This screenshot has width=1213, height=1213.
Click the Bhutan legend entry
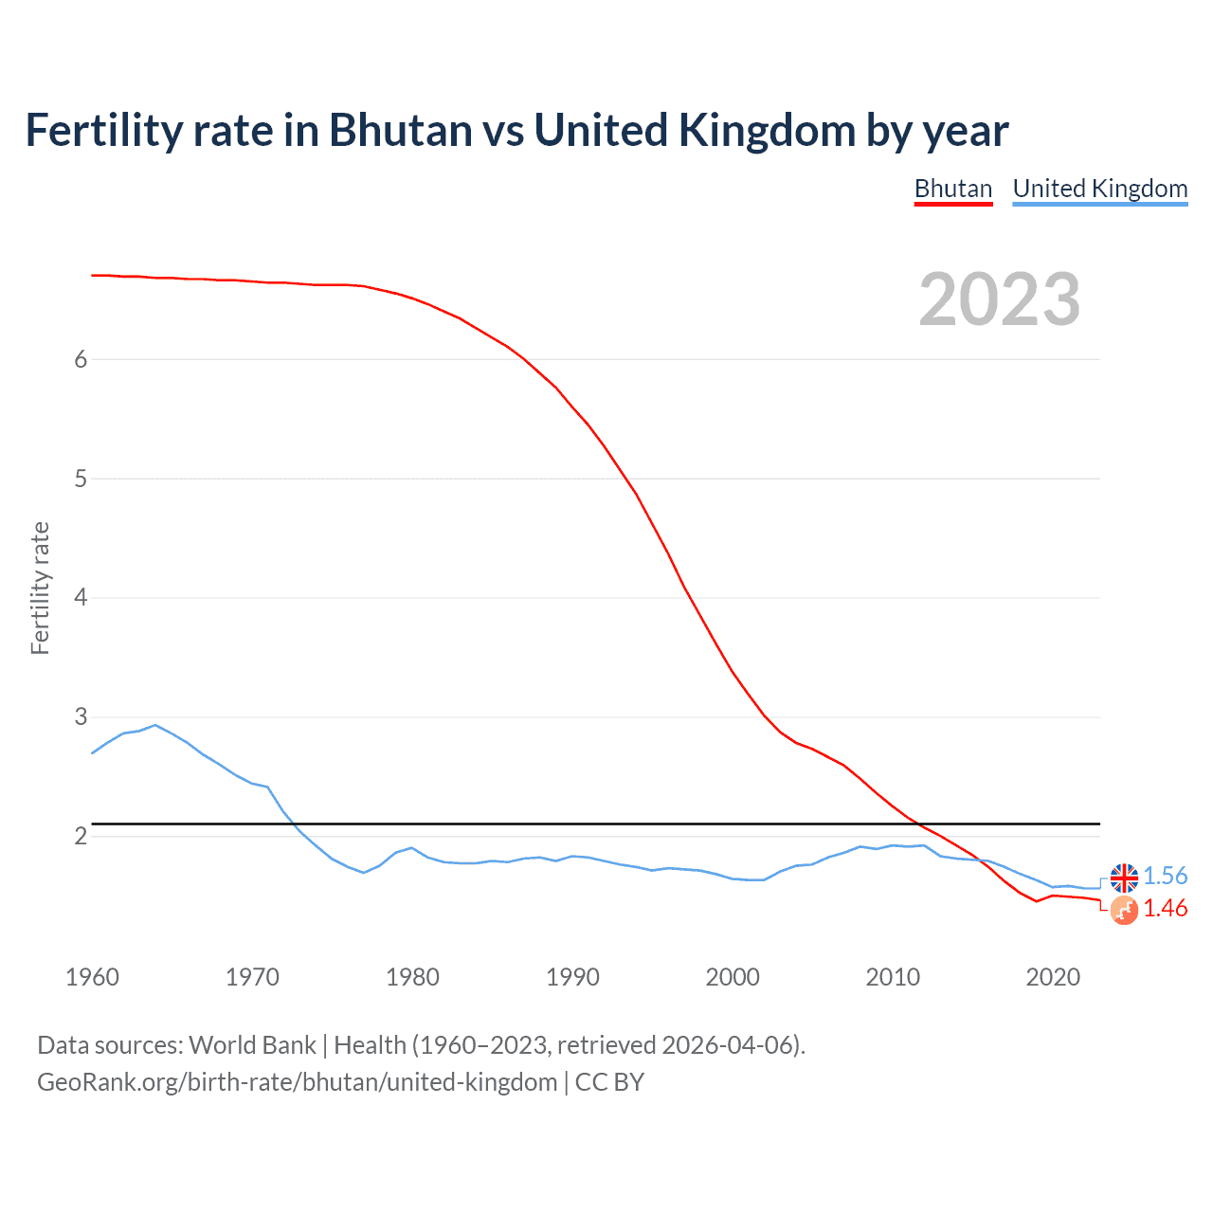[x=952, y=189]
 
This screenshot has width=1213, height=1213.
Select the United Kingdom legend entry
[x=1099, y=189]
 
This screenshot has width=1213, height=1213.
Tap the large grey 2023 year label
[x=999, y=299]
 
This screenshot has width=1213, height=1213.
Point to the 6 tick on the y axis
[x=81, y=359]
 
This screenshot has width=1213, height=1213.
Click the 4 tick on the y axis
[x=81, y=597]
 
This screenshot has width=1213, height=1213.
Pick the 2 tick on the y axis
[x=81, y=836]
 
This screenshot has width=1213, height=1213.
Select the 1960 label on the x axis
[x=92, y=977]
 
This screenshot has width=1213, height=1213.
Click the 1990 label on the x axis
[x=572, y=977]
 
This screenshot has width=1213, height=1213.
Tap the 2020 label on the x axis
[x=1053, y=977]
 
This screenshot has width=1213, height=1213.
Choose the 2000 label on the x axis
[x=733, y=977]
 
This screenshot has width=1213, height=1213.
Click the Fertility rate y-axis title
[x=40, y=588]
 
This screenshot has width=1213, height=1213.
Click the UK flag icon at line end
[x=1124, y=878]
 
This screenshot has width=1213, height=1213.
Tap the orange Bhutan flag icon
[x=1124, y=911]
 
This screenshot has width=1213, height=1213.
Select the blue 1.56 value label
[x=1165, y=876]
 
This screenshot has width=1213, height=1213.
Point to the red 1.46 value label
[x=1165, y=908]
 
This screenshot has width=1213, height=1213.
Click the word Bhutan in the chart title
[x=400, y=130]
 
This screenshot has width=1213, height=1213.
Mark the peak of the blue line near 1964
[x=155, y=725]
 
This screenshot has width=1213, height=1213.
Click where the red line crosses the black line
[x=919, y=824]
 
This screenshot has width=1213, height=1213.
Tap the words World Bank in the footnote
[x=252, y=1044]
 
